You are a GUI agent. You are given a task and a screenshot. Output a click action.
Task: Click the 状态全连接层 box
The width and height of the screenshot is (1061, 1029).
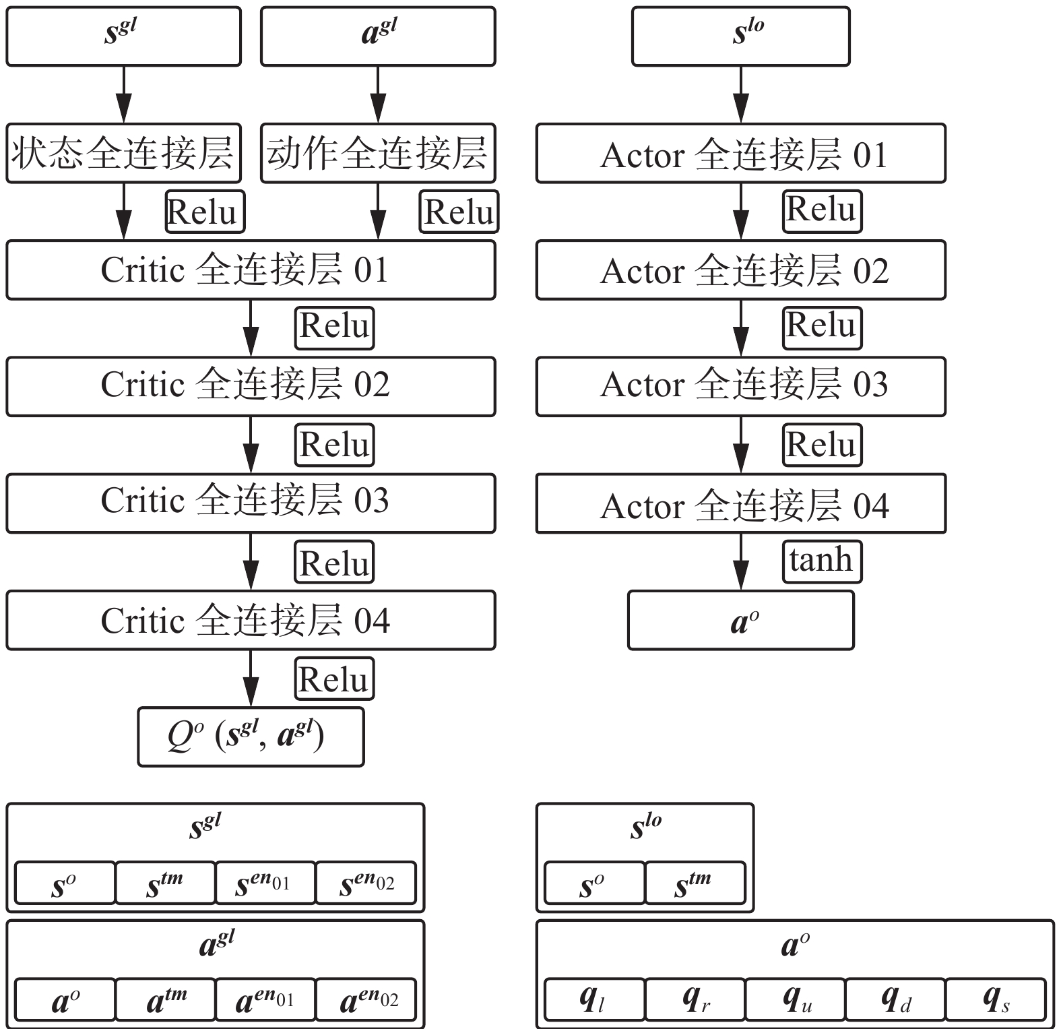123,153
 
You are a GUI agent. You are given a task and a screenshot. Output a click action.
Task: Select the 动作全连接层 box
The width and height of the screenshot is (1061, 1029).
378,153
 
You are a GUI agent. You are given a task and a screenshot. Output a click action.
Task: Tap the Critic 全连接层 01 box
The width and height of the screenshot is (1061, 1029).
251,270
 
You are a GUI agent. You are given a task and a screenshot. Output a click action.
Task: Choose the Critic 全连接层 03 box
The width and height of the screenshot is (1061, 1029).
251,503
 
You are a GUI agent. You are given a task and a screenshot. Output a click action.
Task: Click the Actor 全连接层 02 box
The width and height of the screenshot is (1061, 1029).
740,270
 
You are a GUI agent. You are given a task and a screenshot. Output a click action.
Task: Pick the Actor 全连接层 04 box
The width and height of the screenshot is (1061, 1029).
740,503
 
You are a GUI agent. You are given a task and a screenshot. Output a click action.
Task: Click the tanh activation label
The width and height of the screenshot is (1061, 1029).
822,561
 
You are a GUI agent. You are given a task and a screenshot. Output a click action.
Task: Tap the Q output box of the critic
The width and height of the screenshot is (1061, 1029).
251,737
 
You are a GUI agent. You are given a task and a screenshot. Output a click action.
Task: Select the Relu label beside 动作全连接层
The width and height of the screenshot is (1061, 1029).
459,212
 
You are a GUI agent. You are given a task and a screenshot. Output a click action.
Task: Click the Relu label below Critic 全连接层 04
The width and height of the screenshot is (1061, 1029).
334,679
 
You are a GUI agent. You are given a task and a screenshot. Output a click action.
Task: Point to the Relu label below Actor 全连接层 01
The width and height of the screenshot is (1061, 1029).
822,211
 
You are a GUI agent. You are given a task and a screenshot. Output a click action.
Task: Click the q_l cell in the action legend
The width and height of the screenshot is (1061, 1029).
593,999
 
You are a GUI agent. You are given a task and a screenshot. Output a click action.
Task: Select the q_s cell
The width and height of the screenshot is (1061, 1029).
996,999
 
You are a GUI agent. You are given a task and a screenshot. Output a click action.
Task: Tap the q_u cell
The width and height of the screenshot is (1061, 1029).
795,999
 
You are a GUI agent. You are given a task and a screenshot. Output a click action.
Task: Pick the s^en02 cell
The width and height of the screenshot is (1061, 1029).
366,883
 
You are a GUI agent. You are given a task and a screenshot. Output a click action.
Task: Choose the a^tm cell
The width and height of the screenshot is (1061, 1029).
165,999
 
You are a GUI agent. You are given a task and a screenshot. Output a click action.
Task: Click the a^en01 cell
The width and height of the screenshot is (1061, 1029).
265,999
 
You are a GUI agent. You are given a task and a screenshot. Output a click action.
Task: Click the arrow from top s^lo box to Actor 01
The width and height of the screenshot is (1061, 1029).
740,94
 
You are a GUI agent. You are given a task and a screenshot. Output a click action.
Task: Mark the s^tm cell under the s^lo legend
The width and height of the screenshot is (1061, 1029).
695,883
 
